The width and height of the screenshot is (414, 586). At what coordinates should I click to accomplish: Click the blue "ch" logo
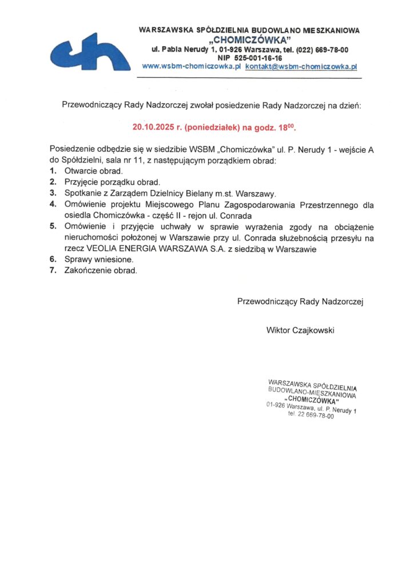pyautogui.click(x=90, y=52)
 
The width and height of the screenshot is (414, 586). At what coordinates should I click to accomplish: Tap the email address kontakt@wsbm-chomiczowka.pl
pyautogui.click(x=301, y=66)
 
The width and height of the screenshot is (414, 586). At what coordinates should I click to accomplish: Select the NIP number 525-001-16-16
pyautogui.click(x=258, y=58)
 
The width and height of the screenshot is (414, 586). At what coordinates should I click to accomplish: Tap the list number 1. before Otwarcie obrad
pyautogui.click(x=53, y=171)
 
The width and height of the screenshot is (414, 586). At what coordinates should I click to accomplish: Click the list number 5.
pyautogui.click(x=53, y=225)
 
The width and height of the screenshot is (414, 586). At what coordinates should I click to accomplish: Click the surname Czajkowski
pyautogui.click(x=313, y=330)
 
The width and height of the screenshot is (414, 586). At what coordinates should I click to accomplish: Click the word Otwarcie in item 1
pyautogui.click(x=81, y=171)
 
